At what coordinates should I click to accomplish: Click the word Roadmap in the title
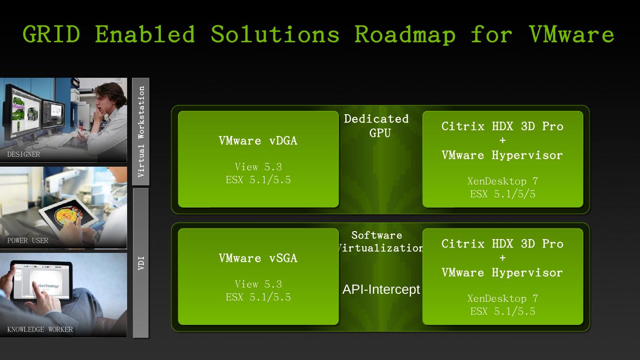(405, 34)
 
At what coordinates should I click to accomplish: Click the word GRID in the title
(51, 34)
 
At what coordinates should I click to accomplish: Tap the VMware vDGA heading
(258, 141)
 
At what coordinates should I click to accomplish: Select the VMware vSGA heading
(258, 258)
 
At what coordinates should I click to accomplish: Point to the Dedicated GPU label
(377, 126)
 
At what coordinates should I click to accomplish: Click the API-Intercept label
(381, 290)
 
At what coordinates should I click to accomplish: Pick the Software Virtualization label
(378, 242)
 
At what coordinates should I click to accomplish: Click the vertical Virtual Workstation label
(141, 132)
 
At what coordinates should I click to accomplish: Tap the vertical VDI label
(141, 263)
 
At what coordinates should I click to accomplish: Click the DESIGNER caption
(24, 155)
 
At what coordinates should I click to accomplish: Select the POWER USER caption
(28, 241)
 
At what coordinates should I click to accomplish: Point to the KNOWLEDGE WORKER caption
(40, 330)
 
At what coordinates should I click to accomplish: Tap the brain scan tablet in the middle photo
(69, 216)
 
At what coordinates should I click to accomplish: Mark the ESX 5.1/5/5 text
(503, 194)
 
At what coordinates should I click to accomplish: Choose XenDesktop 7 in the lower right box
(503, 299)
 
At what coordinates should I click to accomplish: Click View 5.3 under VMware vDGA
(258, 167)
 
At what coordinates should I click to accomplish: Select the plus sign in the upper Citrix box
(503, 141)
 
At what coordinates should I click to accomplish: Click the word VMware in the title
(572, 34)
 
